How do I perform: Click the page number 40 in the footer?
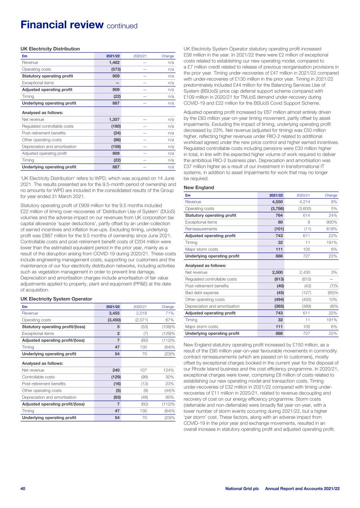pyautogui.click(x=23, y=488)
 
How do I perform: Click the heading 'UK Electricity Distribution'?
pyautogui.click(x=50, y=49)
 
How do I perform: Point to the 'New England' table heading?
pyautogui.click(x=199, y=188)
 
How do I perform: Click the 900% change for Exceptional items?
pyautogui.click(x=331, y=222)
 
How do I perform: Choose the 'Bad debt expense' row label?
pyautogui.click(x=202, y=293)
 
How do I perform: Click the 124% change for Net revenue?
pyautogui.click(x=168, y=370)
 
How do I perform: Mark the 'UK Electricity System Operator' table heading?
pyautogui.click(x=56, y=299)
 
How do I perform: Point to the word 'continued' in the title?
pyautogui.click(x=122, y=26)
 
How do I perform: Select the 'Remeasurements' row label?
pyautogui.click(x=201, y=229)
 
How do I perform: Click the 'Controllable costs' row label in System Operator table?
pyautogui.click(x=38, y=377)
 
